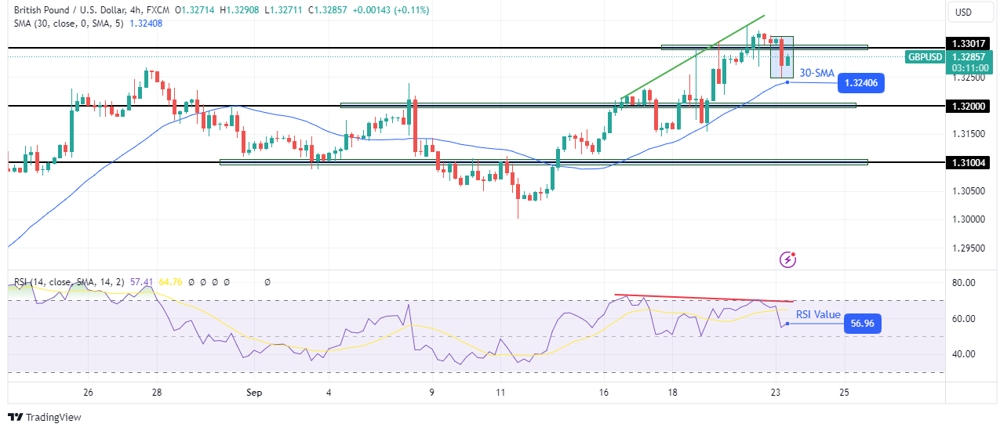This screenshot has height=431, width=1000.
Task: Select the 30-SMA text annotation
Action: tap(816, 73)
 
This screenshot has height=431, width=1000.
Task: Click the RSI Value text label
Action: tap(818, 315)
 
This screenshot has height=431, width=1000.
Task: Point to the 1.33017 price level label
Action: tap(969, 43)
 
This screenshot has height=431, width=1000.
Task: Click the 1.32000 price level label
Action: tap(969, 106)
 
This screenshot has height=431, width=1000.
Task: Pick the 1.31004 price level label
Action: tap(969, 162)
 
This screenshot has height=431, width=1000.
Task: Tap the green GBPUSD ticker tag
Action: tap(924, 56)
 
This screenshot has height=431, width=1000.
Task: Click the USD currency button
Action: tap(962, 12)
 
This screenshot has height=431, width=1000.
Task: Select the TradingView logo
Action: tap(45, 418)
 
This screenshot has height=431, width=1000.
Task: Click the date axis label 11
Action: tap(500, 393)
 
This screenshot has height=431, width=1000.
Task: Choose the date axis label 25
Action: tap(844, 393)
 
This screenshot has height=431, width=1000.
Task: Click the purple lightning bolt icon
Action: tap(788, 259)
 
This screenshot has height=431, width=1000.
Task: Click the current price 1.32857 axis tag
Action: tap(969, 56)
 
